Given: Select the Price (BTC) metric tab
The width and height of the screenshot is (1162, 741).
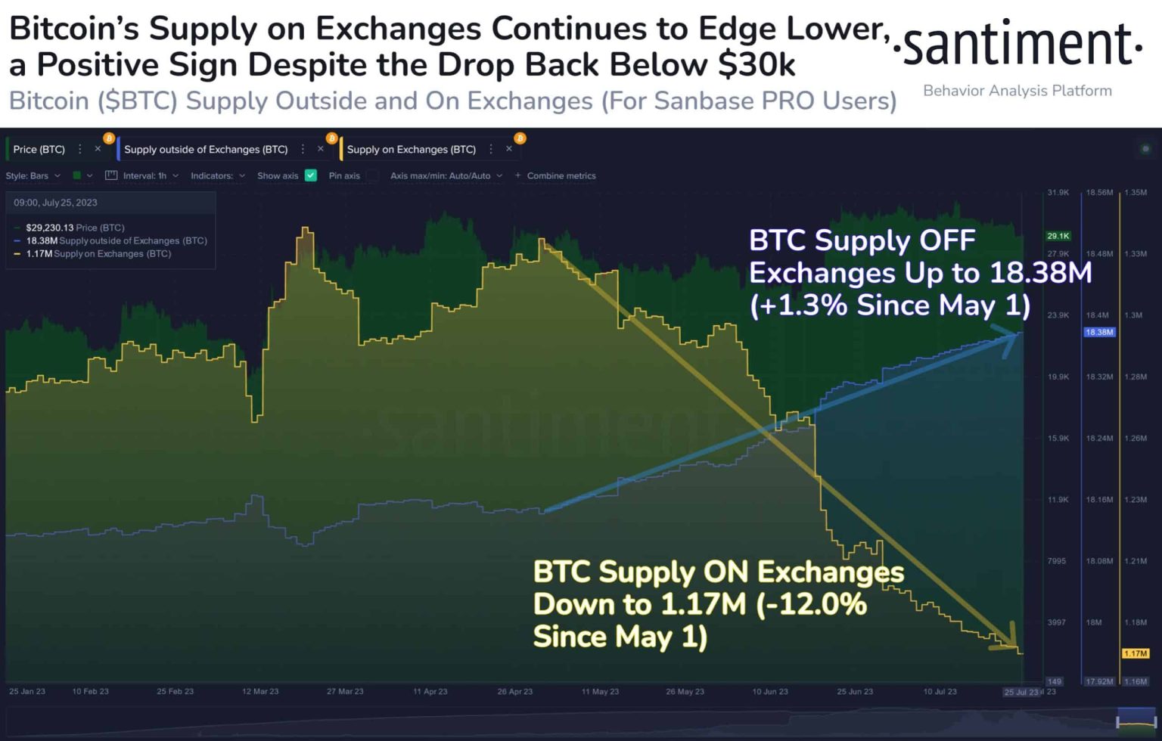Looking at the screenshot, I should point(39,150).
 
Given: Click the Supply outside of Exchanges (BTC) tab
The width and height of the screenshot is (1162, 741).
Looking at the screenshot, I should point(206,150).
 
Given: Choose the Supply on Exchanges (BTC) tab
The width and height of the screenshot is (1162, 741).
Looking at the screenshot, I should point(411,150).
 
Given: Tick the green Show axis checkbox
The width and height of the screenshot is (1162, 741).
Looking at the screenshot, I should point(311,175).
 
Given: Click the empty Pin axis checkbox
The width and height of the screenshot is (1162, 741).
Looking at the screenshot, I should point(373,175).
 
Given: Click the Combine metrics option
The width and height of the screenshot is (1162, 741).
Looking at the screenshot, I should point(561,175).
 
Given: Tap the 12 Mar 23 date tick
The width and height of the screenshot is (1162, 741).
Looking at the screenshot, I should point(260,691).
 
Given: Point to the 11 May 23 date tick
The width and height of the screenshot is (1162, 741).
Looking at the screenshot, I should point(600,691).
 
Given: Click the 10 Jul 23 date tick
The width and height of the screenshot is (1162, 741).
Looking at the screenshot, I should point(940,691).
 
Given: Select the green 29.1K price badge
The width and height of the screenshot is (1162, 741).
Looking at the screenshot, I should point(1058,236).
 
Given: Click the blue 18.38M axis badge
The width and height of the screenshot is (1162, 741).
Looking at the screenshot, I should point(1098,332).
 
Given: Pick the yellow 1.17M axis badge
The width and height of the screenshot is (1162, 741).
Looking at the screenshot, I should point(1135,653).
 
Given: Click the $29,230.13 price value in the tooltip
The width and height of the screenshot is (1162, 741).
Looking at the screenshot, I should point(49,228).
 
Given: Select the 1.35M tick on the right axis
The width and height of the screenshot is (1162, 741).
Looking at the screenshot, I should point(1135,193).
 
